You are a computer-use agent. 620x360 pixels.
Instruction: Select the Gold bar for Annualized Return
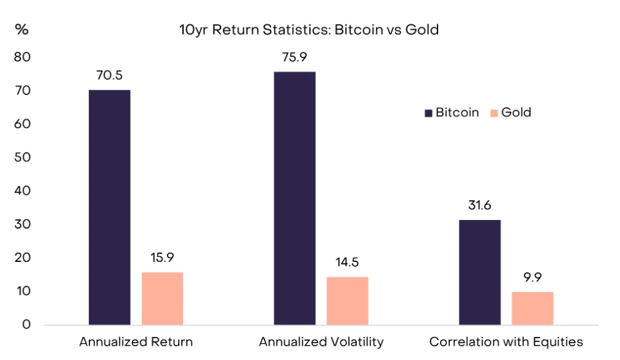(162, 299)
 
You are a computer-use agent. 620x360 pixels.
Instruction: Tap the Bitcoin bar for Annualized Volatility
(294, 198)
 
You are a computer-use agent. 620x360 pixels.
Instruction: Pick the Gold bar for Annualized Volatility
(347, 301)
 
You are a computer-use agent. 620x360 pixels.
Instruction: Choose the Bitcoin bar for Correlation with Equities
(479, 272)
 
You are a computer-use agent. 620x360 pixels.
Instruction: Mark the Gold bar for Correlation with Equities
(532, 308)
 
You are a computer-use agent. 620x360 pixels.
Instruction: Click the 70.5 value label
(109, 76)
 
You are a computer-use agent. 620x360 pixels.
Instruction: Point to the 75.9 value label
(294, 57)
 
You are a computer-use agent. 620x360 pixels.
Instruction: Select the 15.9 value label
(162, 257)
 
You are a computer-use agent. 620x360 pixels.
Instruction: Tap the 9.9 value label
(532, 277)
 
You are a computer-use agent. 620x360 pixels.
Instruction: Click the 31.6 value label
(479, 206)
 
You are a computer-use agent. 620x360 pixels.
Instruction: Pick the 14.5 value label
(347, 262)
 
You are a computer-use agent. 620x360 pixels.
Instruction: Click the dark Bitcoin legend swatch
(428, 113)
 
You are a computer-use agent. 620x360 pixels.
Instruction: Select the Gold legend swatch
(494, 113)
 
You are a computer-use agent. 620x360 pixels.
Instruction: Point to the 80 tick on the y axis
(22, 57)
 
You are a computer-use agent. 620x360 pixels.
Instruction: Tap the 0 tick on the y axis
(27, 324)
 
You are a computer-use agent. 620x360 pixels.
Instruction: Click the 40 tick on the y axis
(22, 191)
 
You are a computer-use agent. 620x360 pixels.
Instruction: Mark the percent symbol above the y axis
(22, 29)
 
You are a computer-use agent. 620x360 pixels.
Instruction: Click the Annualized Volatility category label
(321, 342)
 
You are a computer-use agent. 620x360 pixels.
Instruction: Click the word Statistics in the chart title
(287, 29)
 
